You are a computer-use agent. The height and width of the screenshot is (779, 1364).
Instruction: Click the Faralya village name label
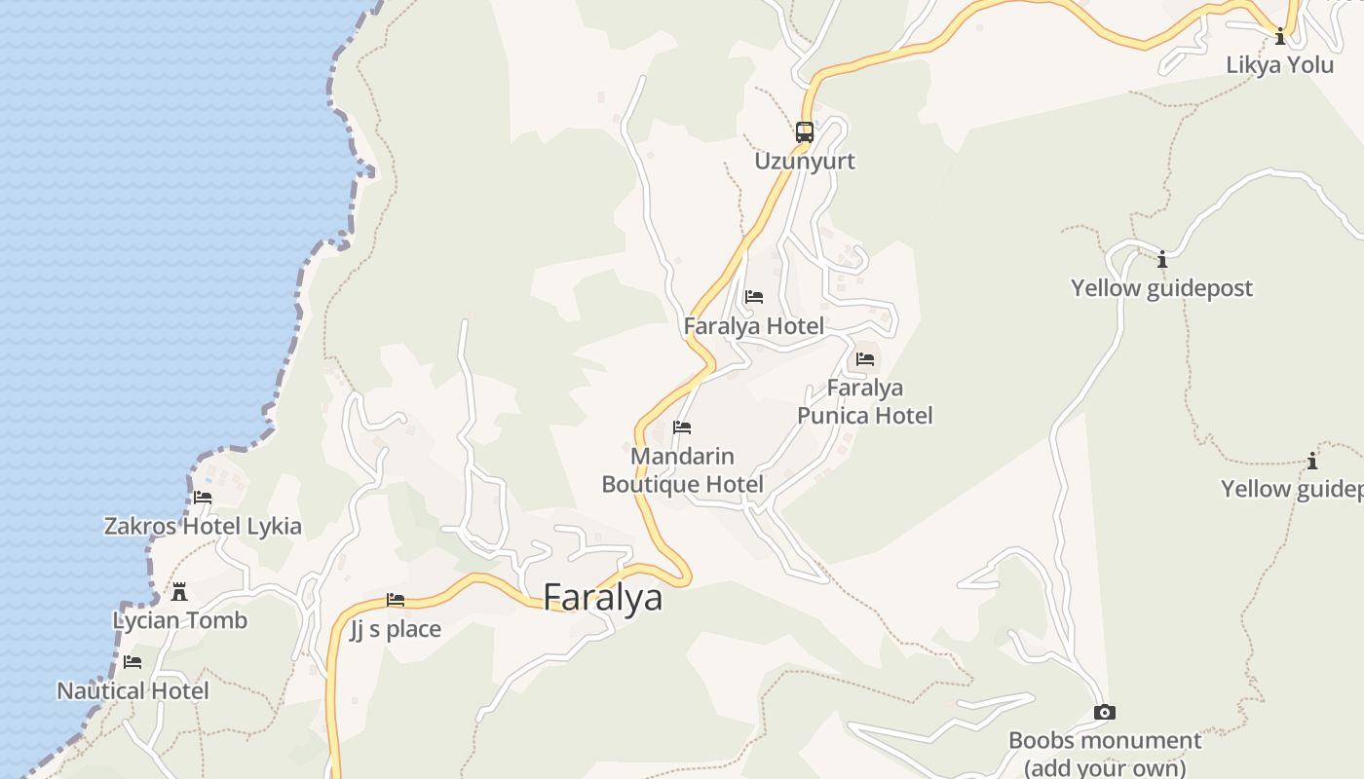[602, 597]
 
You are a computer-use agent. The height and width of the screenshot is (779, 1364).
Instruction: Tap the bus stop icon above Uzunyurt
[805, 131]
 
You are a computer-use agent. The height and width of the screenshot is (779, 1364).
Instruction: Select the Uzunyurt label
[805, 161]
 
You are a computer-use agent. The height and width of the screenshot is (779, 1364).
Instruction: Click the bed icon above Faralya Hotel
[754, 297]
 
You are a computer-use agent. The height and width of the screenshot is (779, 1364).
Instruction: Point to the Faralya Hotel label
[754, 326]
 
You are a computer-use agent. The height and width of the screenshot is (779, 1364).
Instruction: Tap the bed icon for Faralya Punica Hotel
[865, 359]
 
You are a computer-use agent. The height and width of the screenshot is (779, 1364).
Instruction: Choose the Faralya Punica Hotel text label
[865, 402]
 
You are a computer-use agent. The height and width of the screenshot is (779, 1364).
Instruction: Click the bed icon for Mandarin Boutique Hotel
[682, 427]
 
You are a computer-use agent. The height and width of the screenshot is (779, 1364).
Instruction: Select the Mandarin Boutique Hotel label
[682, 470]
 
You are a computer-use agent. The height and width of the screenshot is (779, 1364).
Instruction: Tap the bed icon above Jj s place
[396, 600]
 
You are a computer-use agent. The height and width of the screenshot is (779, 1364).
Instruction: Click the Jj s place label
[396, 629]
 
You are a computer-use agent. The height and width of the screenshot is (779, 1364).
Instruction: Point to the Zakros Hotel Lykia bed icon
[203, 497]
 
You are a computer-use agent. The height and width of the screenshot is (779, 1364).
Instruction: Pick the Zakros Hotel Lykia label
[203, 526]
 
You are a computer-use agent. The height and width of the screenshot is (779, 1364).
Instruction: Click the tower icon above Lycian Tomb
[179, 591]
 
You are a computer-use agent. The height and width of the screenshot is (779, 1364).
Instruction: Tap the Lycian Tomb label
[180, 620]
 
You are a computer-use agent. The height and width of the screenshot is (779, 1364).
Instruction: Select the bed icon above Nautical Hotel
[133, 662]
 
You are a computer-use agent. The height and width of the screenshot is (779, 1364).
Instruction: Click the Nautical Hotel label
[133, 691]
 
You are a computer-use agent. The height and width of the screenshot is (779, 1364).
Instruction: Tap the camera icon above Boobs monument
[1104, 712]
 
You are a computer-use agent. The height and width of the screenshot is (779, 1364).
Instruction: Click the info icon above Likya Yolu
[1280, 37]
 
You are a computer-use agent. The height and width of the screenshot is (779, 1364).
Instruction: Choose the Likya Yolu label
[1280, 65]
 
